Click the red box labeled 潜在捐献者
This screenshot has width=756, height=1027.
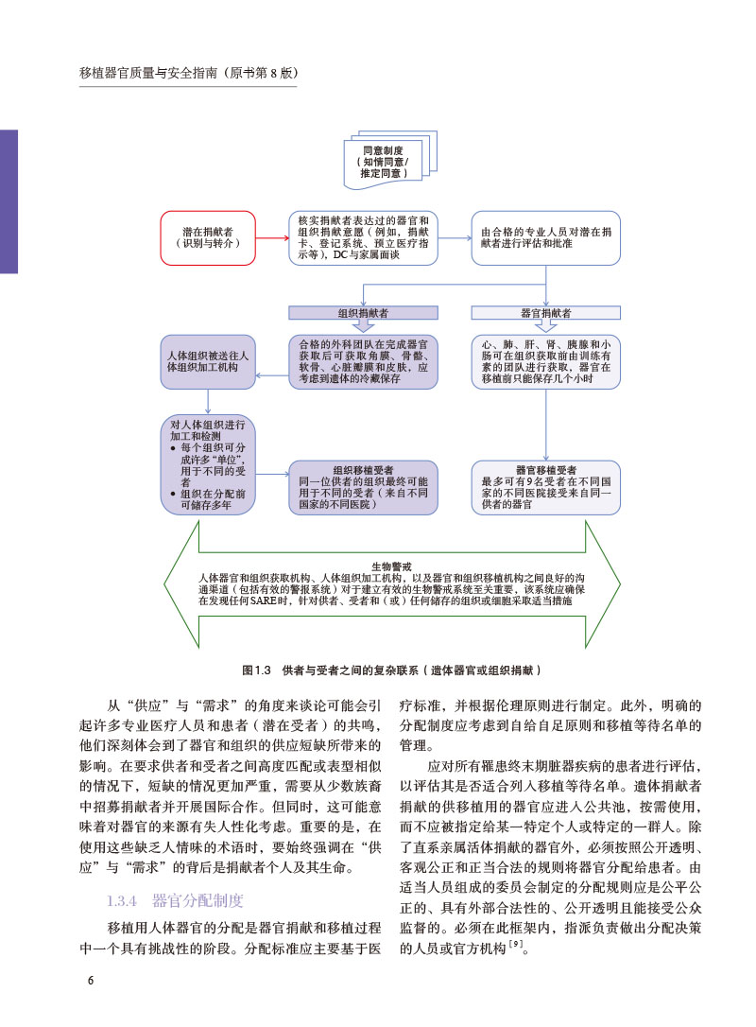click(209, 237)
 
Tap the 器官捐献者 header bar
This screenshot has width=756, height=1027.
click(545, 311)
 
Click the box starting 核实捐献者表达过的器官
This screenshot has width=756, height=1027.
click(363, 237)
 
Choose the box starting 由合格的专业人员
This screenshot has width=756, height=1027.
click(545, 237)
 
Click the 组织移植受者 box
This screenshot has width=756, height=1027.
click(363, 486)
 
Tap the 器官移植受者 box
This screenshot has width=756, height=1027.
click(545, 486)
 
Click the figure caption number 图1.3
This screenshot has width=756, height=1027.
click(256, 670)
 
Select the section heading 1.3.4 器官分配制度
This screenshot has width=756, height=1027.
click(176, 899)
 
